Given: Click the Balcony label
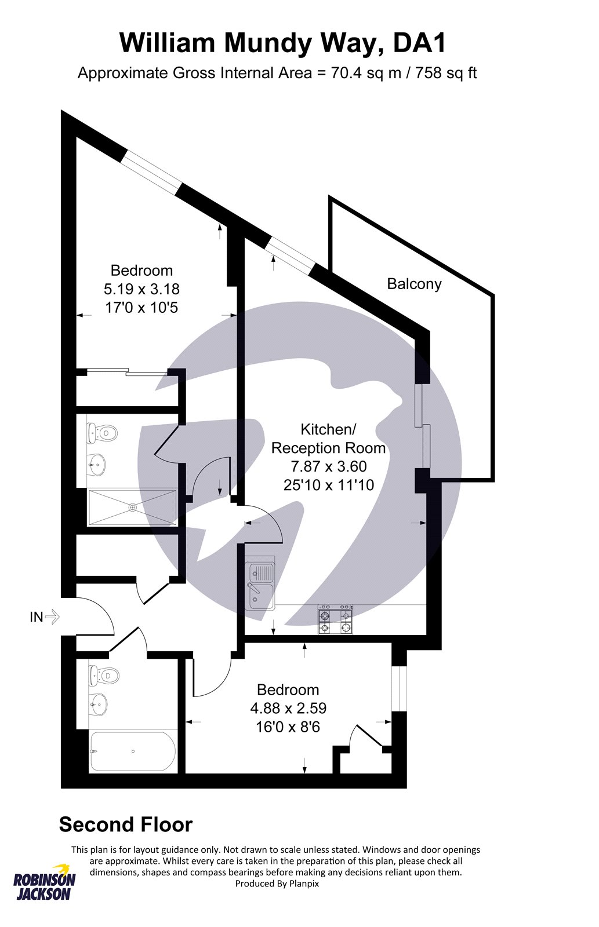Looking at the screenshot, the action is [414, 284].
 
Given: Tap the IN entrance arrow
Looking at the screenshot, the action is [52, 618].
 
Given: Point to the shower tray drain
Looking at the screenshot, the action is [133, 506].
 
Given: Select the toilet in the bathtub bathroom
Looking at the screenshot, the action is [104, 676].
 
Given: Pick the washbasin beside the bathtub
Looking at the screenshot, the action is [99, 704].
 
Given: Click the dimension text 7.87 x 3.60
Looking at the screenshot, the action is [329, 466].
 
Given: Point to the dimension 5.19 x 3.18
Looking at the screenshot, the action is [141, 289].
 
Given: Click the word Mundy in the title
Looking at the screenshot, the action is [267, 43].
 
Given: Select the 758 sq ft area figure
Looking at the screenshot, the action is [446, 73].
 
